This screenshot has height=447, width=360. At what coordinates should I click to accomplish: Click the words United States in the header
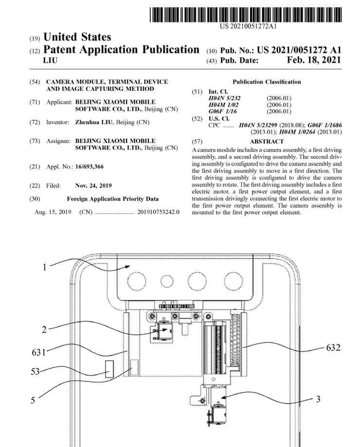coord(77,37)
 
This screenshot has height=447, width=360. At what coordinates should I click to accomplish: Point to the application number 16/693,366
coord(90,167)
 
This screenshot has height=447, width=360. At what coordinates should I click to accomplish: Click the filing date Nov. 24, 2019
coord(94,186)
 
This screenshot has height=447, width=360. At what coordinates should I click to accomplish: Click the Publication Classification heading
coord(267,82)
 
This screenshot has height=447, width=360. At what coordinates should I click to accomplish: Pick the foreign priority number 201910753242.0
coord(158,212)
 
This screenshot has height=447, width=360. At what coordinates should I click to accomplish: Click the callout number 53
coord(35,372)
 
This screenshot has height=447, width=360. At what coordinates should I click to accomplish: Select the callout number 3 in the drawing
coord(318,399)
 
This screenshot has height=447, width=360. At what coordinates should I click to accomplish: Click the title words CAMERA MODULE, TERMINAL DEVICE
coord(107,82)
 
